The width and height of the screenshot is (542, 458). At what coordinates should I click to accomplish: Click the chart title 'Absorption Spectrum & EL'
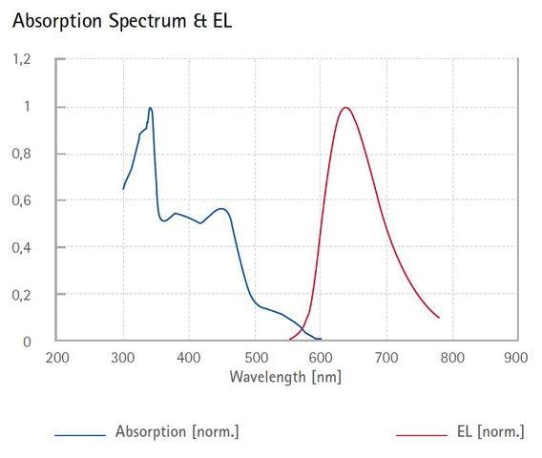coord(122,21)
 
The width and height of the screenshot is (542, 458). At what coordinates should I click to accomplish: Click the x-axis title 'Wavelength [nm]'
coord(285,377)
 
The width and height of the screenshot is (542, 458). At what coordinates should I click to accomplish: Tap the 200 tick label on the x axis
coord(57,358)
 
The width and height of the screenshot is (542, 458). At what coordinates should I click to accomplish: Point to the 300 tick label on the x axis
coord(123,358)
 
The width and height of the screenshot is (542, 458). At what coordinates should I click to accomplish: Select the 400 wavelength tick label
coord(189,358)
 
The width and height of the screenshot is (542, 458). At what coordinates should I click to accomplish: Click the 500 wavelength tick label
coord(257,358)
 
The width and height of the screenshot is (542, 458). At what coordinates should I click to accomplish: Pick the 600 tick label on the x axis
coord(321,358)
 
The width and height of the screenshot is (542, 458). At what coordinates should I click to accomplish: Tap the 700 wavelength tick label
coord(386,358)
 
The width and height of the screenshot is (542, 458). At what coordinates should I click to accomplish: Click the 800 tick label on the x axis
coord(452,358)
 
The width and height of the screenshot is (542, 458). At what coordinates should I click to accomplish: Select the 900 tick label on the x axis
coord(516,358)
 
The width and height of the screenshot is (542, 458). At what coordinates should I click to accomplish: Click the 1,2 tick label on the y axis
coord(21,59)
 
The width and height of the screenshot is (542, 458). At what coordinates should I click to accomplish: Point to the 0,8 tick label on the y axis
coord(21,154)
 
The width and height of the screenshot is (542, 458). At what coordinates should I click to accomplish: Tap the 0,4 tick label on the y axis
coord(21,248)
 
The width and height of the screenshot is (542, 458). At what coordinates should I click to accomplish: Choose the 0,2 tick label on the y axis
coord(21,295)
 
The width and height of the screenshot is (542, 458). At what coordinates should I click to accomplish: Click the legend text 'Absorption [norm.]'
coord(177,431)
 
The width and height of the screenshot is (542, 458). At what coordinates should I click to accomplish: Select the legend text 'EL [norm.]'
coord(490,431)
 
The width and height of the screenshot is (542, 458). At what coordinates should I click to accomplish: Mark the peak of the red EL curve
coord(345,108)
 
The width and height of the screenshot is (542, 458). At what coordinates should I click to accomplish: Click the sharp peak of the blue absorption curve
coord(150,108)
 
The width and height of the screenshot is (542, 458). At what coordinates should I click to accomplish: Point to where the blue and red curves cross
coord(302,327)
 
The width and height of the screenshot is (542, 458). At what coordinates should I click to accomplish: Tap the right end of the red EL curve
coord(439,318)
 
